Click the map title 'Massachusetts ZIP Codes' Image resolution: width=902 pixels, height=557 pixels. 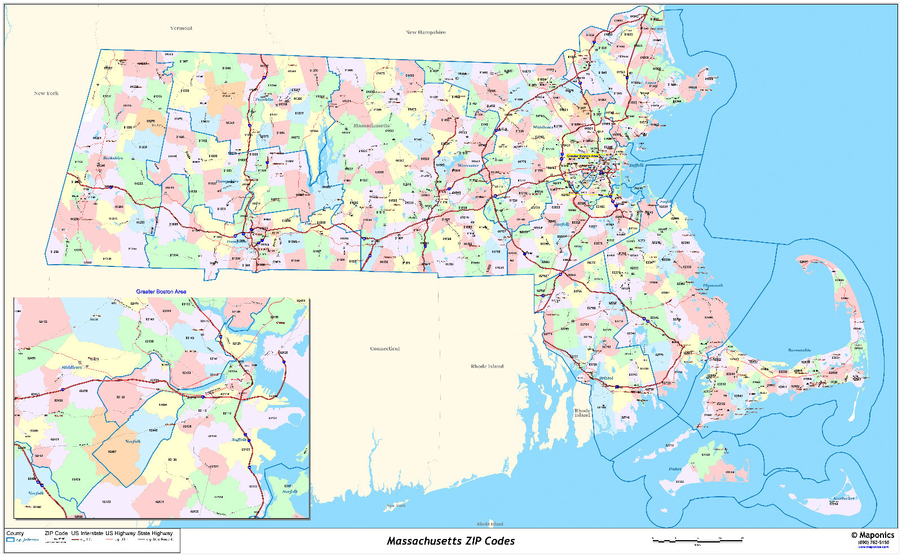450,541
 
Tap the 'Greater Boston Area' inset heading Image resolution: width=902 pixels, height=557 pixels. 161,292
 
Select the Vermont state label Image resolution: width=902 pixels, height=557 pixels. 181,28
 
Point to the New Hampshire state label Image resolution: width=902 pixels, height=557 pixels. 426,33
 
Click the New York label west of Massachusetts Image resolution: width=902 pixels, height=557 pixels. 46,93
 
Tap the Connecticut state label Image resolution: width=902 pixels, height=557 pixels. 385,349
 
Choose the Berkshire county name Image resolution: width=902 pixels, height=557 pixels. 113,158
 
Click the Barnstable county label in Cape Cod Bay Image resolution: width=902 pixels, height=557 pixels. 799,350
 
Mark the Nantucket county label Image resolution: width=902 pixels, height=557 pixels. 843,498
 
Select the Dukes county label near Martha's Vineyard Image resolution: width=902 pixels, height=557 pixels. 675,469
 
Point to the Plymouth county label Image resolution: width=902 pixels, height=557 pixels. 713,286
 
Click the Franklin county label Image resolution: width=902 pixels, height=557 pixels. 264,100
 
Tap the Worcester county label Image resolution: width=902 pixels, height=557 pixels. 468,166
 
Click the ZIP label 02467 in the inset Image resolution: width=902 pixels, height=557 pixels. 112,452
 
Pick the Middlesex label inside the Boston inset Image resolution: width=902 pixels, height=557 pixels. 72,367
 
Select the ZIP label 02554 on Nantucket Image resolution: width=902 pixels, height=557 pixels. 834,503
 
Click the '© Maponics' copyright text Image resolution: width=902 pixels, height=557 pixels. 873,535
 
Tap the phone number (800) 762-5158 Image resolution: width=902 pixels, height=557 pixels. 873,542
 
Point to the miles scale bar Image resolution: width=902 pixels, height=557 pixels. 697,541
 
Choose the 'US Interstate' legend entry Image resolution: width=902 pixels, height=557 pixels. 87,533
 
